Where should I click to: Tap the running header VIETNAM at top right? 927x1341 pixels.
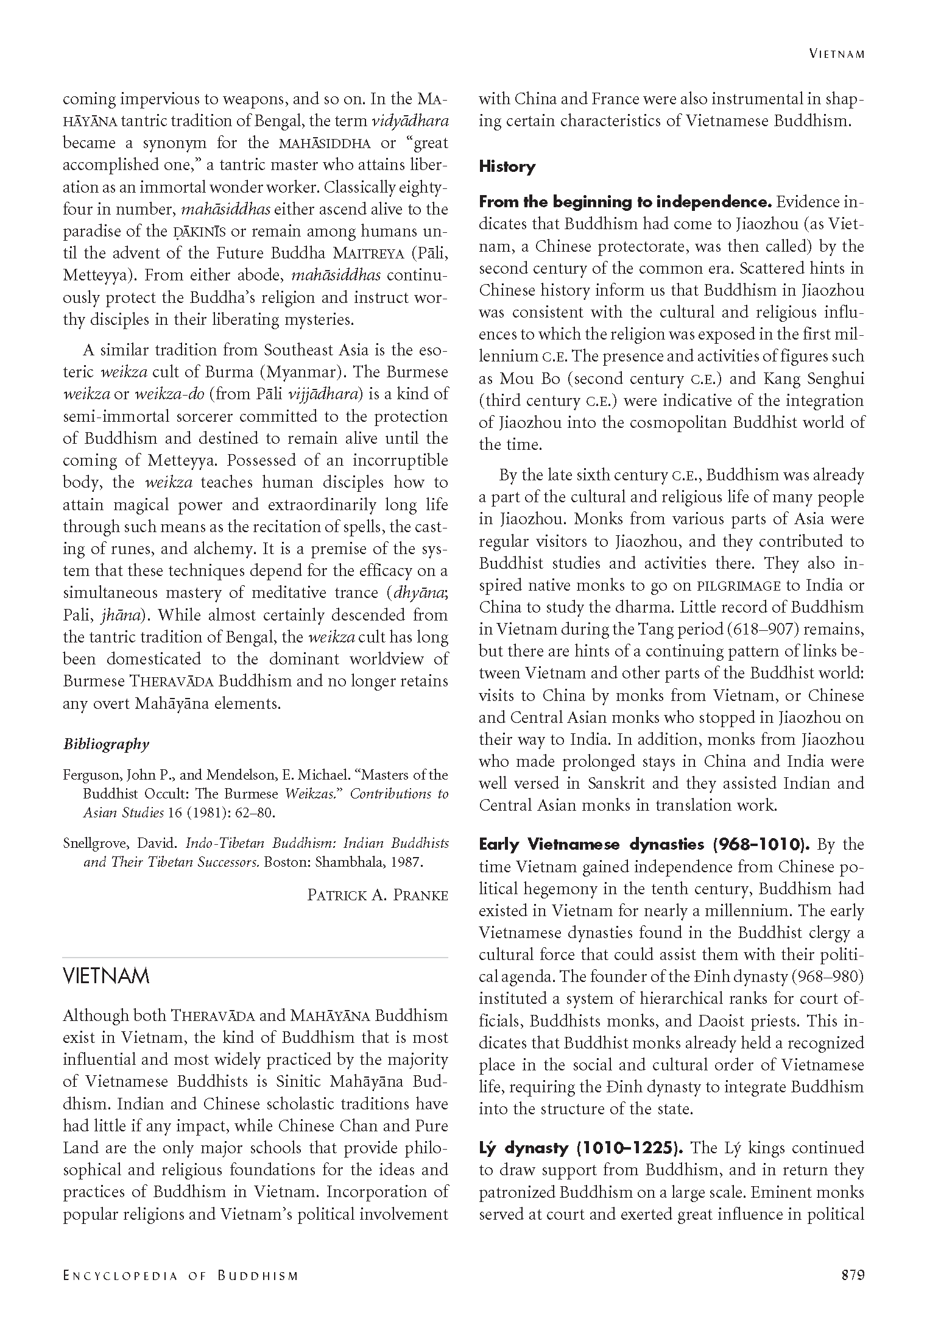pyautogui.click(x=837, y=54)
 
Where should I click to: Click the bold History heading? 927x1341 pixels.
pyautogui.click(x=507, y=166)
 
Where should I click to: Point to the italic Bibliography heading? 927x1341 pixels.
pyautogui.click(x=106, y=744)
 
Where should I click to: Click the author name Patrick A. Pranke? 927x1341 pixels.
pyautogui.click(x=378, y=895)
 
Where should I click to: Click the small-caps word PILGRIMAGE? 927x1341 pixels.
pyautogui.click(x=738, y=586)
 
